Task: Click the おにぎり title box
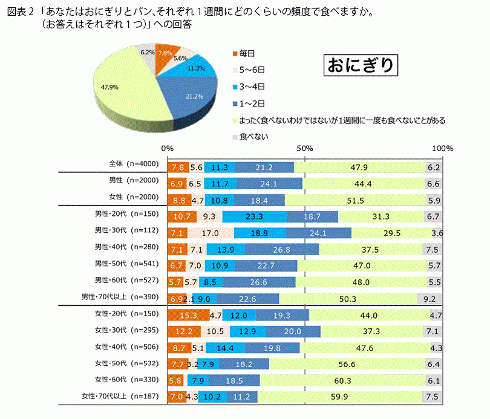(x=361, y=64)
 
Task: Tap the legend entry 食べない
(x=253, y=137)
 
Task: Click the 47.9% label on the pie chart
(x=109, y=87)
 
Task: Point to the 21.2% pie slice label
(x=195, y=96)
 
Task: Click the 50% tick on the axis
(x=304, y=148)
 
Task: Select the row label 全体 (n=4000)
(x=130, y=164)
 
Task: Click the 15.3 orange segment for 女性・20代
(x=178, y=315)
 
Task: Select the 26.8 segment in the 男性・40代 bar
(x=281, y=249)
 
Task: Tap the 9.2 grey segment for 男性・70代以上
(x=430, y=299)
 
